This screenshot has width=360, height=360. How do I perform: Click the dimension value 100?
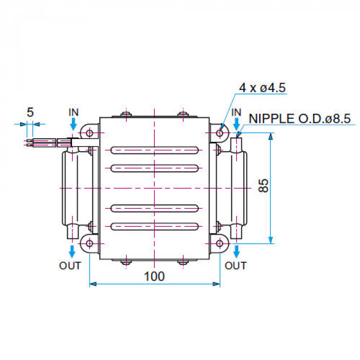click(154, 276)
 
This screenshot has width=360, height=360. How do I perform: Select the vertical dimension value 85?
click(263, 186)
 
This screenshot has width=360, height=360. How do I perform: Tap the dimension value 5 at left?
click(30, 113)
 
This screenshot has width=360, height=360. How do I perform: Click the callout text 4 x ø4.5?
click(262, 88)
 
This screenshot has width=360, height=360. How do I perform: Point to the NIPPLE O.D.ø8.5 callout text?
click(300, 119)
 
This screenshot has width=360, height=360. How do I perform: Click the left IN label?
click(74, 112)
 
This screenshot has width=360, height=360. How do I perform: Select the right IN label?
click(236, 113)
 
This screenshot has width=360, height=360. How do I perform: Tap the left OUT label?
click(70, 266)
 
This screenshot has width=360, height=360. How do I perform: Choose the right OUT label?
click(236, 266)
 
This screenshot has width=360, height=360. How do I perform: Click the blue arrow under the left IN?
click(73, 124)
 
